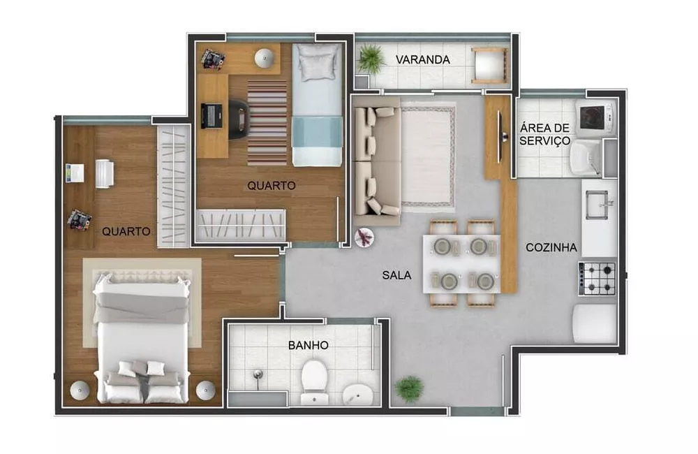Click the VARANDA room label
[422, 59]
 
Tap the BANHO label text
[308, 345]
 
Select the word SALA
[396, 275]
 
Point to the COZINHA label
[551, 247]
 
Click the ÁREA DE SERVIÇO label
[544, 133]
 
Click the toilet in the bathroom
[314, 381]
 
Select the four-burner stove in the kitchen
[598, 278]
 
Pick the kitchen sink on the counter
[597, 204]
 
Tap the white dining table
[461, 263]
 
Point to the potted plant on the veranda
[371, 59]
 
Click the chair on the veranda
[488, 66]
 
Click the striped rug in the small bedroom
[267, 122]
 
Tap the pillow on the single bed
[318, 64]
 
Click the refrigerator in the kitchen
[594, 323]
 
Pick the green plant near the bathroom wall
[408, 388]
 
